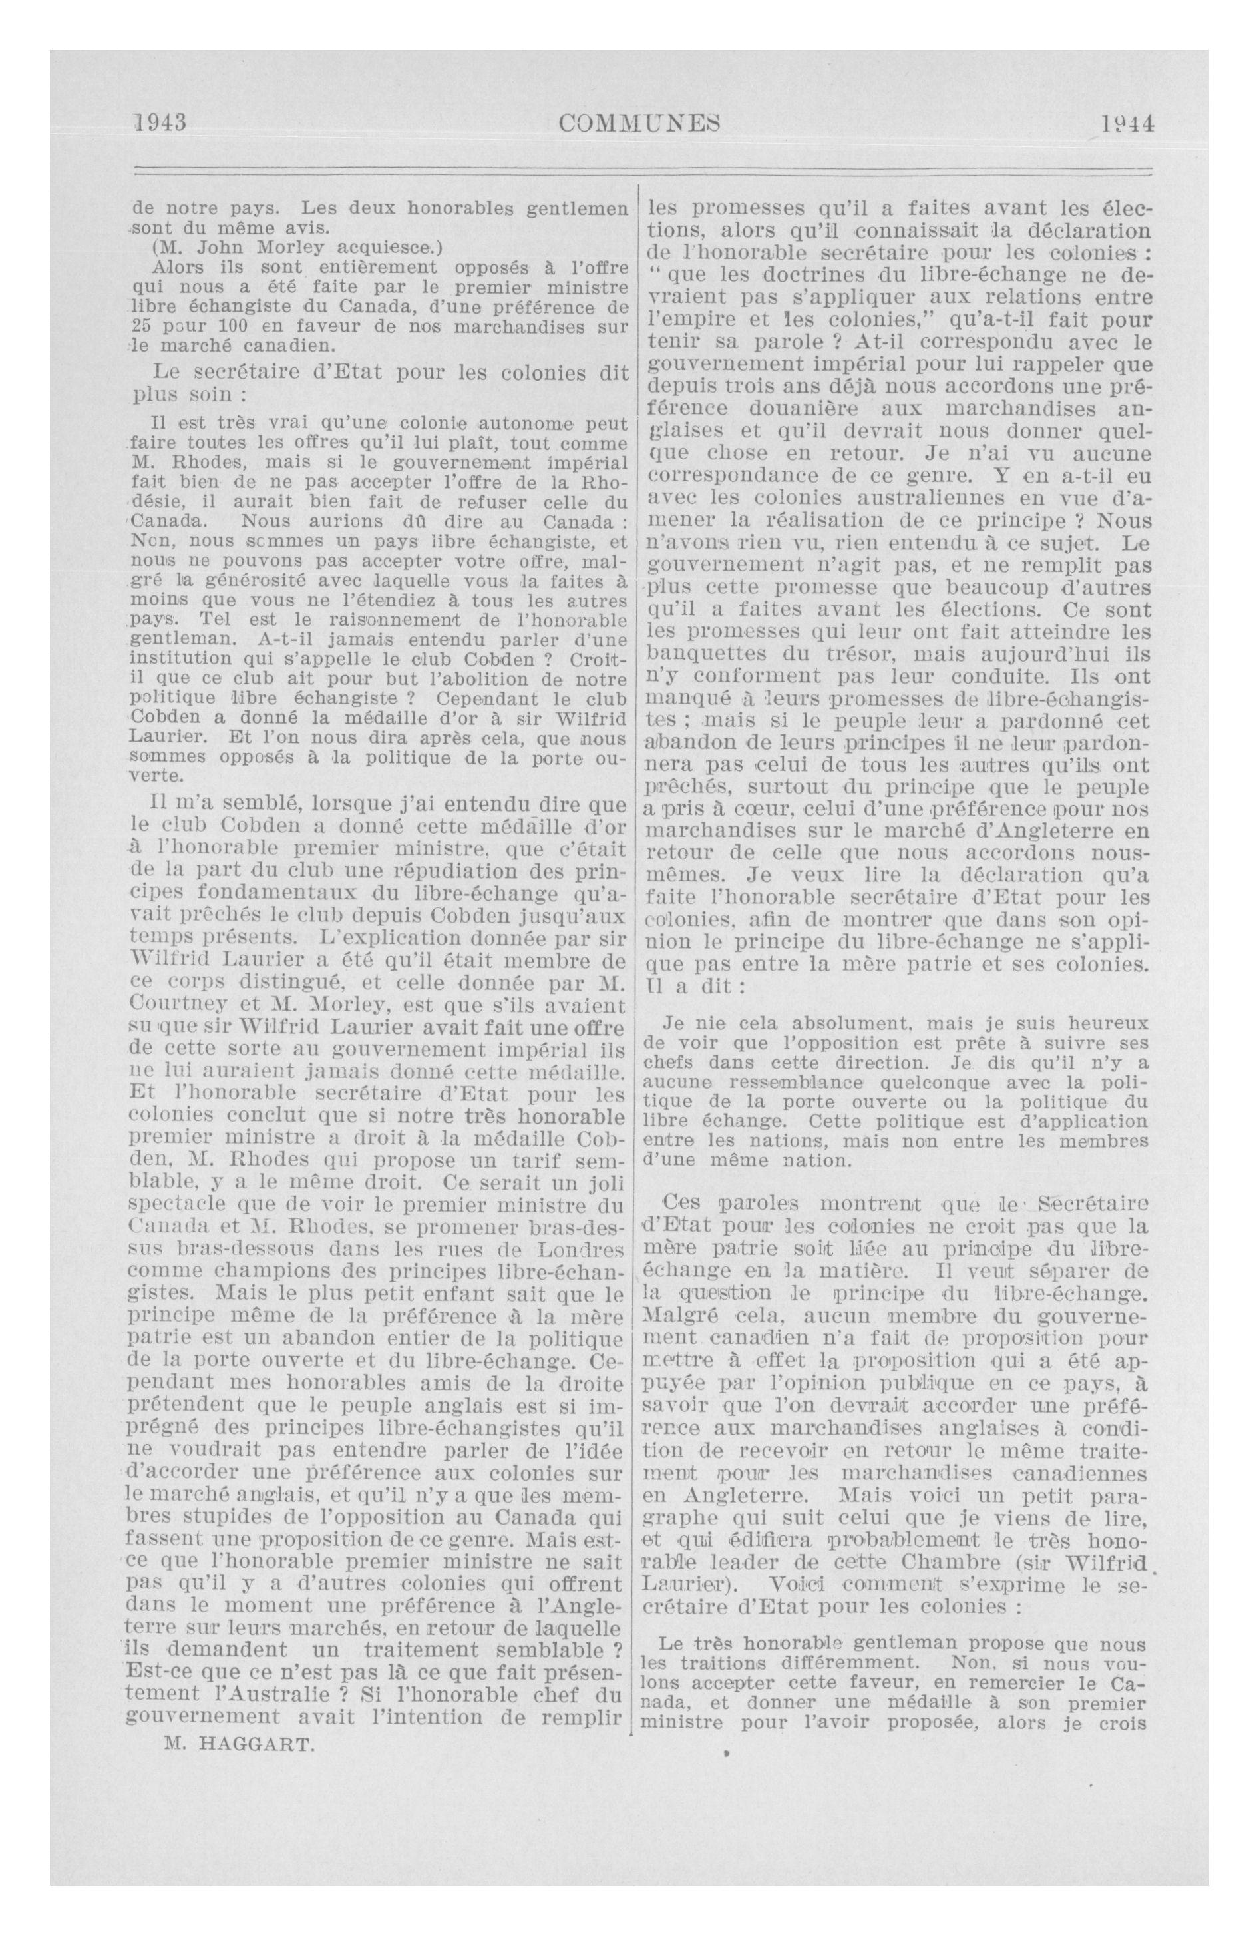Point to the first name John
[218, 247]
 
